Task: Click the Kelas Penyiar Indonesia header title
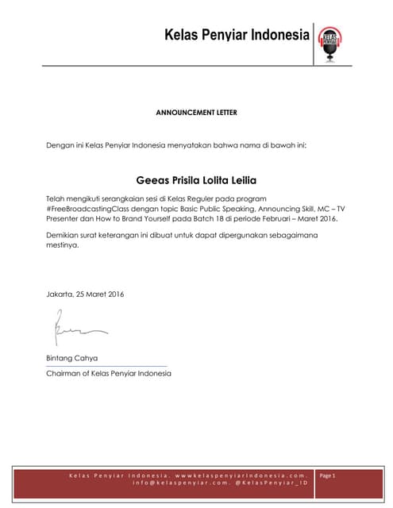[236, 36]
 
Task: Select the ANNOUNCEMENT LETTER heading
[196, 113]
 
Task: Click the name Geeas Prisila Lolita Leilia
[196, 179]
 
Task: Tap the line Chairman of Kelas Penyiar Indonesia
[109, 372]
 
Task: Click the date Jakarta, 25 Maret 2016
[85, 294]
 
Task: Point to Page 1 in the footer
[328, 475]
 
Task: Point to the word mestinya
[64, 246]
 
